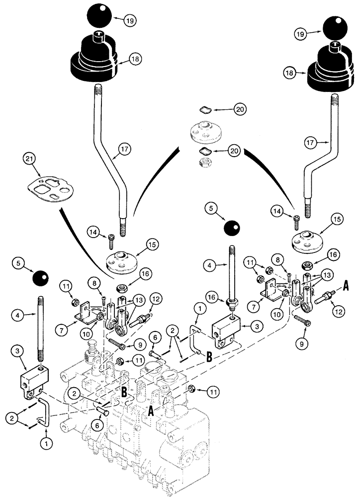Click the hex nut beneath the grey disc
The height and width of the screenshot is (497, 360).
click(204, 161)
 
